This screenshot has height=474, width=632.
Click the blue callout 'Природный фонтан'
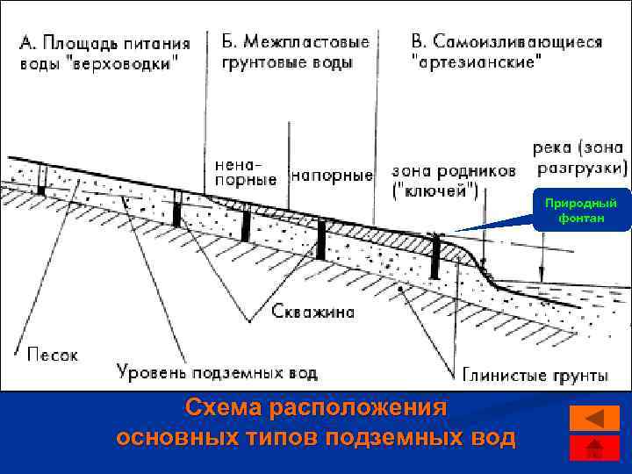[x=580, y=211]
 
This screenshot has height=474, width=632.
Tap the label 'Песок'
[x=53, y=355]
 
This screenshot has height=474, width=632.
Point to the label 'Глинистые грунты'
[x=535, y=376]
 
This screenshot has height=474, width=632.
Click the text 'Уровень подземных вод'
[x=217, y=373]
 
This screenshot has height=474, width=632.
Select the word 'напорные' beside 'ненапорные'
[x=332, y=176]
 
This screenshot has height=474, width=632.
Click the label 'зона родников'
[x=453, y=172]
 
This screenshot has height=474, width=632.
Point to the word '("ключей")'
[x=435, y=190]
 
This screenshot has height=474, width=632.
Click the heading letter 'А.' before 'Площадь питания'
[x=30, y=43]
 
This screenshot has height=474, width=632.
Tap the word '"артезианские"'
[x=477, y=62]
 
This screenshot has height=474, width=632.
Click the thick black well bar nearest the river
[x=434, y=256]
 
